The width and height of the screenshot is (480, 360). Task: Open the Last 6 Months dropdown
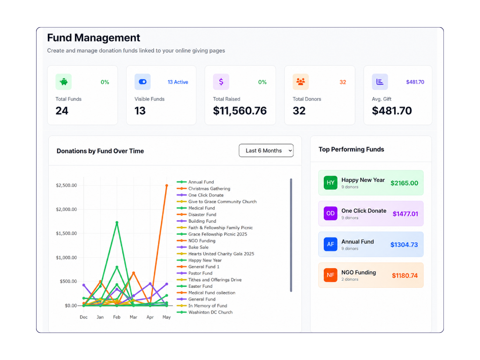pos(266,150)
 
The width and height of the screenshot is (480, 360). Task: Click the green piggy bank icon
pos(64,82)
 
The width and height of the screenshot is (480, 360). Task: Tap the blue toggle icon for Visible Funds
pos(142,82)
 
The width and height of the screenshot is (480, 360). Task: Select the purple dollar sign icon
pos(221,82)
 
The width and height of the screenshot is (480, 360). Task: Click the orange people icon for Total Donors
pos(300,82)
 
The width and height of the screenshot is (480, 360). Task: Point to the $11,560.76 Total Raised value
pos(240,111)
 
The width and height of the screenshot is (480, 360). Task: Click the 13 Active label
pos(178,82)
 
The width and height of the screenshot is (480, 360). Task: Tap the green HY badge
pos(330,183)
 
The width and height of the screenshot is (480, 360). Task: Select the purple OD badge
pos(330,213)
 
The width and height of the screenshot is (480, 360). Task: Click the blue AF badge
pos(330,244)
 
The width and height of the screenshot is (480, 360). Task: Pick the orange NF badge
pos(330,275)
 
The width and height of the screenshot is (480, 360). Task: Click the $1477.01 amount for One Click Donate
pos(405,214)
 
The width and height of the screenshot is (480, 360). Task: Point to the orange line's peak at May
pos(167,186)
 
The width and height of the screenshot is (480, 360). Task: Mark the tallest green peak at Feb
pos(117,223)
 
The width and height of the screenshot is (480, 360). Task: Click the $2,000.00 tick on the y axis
pos(66,210)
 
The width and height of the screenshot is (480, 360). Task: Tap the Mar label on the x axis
pos(134,317)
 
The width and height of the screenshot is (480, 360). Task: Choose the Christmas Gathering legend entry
pos(203,188)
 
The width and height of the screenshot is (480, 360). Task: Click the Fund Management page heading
pos(94,37)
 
